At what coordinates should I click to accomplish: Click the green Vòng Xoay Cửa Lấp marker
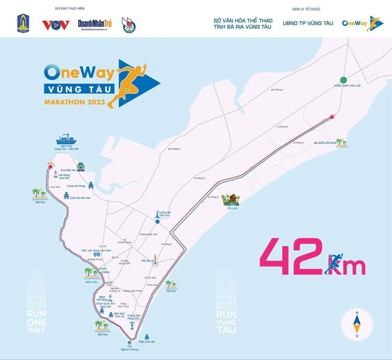[343, 79]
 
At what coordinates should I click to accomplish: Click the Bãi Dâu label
[39, 202]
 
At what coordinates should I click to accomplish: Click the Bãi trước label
[91, 282]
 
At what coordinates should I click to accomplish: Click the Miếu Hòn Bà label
[147, 342]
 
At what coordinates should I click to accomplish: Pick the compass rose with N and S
[357, 324]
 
